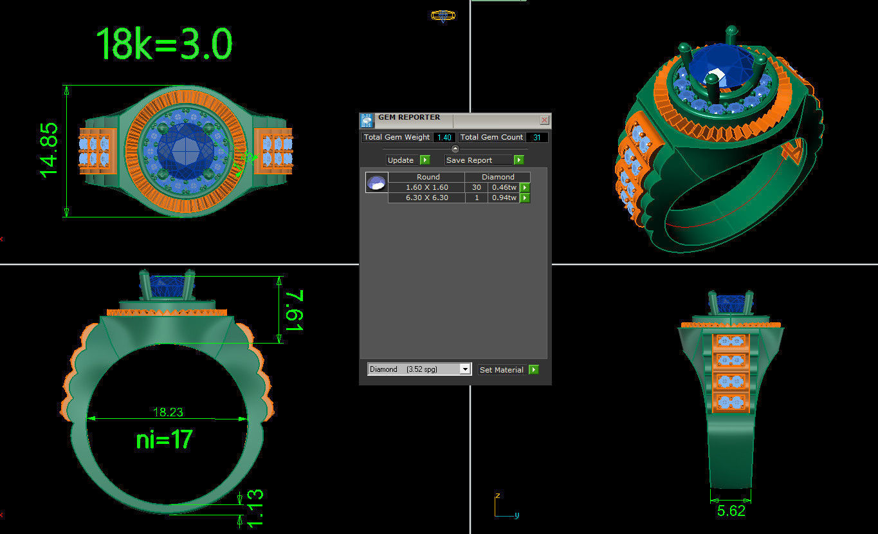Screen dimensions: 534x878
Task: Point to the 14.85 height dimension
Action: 50,150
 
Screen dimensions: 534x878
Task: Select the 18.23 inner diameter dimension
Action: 167,412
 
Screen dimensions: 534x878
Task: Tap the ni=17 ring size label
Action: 164,440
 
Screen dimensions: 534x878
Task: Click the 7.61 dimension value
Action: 293,310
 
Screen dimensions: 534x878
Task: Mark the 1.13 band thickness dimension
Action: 255,508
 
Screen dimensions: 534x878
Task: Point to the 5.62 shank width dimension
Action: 731,511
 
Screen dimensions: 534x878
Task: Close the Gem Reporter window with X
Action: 544,120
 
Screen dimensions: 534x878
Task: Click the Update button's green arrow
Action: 425,160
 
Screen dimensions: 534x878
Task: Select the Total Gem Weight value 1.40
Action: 444,137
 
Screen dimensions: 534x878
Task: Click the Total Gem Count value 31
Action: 537,137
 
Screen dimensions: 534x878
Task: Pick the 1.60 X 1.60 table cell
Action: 426,187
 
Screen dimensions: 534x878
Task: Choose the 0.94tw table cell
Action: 504,198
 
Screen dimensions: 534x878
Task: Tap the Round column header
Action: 428,177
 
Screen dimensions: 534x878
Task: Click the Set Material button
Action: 502,370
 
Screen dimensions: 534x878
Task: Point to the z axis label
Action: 497,496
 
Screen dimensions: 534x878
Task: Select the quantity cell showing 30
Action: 476,187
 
